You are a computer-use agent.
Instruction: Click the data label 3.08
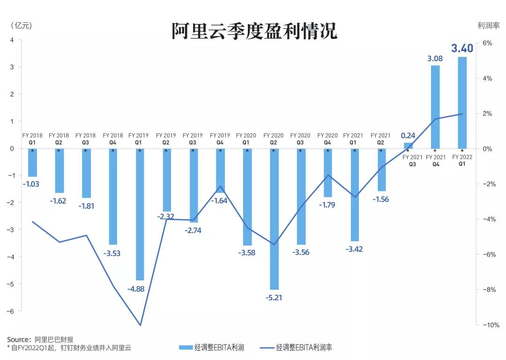tap(435, 59)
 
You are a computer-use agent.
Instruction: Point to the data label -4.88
tap(136, 289)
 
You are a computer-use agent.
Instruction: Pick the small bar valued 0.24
tap(408, 146)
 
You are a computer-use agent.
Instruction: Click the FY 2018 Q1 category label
tap(32, 139)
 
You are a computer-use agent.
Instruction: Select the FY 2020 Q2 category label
tap(273, 139)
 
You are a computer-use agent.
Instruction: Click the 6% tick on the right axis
tap(487, 43)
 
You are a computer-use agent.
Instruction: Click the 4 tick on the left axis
tap(12, 40)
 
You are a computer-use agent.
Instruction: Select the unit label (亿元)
tap(20, 26)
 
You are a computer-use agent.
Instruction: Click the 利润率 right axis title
tap(486, 26)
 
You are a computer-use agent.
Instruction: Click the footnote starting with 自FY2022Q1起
tap(70, 347)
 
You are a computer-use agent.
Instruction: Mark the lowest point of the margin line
tap(140, 325)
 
